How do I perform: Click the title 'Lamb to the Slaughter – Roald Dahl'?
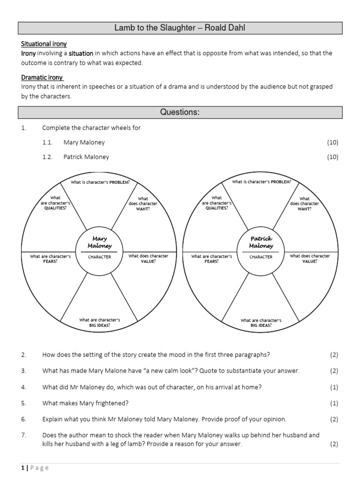pyautogui.click(x=180, y=28)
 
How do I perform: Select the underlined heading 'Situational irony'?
pyautogui.click(x=44, y=44)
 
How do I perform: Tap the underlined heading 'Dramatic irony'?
pyautogui.click(x=42, y=77)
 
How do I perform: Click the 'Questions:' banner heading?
pyautogui.click(x=180, y=112)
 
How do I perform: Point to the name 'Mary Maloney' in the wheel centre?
pyautogui.click(x=99, y=242)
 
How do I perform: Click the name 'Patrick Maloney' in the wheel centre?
pyautogui.click(x=261, y=242)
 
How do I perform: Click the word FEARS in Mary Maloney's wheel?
pyautogui.click(x=50, y=262)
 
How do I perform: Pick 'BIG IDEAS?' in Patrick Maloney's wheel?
pyautogui.click(x=261, y=326)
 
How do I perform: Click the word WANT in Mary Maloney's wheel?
pyautogui.click(x=142, y=209)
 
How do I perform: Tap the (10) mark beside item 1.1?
pyautogui.click(x=332, y=142)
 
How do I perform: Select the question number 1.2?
pyautogui.click(x=47, y=157)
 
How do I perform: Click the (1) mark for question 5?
pyautogui.click(x=334, y=403)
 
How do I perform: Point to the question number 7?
pyautogui.click(x=23, y=435)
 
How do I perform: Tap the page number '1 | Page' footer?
pyautogui.click(x=35, y=468)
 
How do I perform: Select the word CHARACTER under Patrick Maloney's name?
pyautogui.click(x=261, y=257)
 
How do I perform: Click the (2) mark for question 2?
pyautogui.click(x=334, y=355)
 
